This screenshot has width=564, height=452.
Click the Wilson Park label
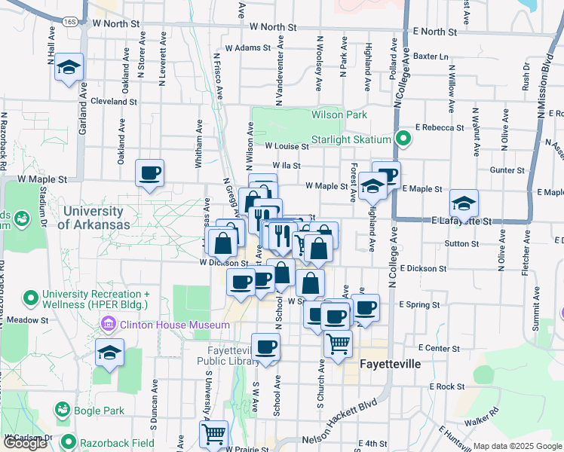tap(339, 115)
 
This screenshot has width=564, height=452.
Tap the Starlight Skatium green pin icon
tap(403, 139)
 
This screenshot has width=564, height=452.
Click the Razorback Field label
tap(118, 443)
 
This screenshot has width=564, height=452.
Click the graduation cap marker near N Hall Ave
tap(69, 68)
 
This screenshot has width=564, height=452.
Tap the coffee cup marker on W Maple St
tap(149, 173)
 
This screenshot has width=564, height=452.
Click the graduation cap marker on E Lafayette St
tap(464, 203)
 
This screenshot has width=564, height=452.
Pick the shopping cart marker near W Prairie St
tap(214, 434)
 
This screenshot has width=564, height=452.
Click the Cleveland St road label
tap(113, 101)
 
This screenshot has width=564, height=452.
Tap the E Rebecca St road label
tap(438, 128)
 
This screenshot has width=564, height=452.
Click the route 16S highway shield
tap(70, 22)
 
